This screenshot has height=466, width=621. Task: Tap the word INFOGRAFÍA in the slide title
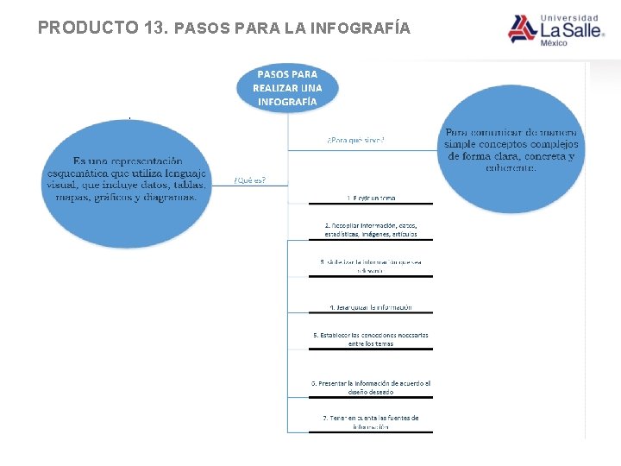click(x=363, y=28)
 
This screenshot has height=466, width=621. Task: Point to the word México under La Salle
click(x=554, y=43)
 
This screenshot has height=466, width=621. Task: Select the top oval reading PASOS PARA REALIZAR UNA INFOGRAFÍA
click(x=287, y=88)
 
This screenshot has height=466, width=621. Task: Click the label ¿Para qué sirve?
click(x=355, y=140)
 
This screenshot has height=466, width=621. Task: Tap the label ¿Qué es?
click(x=249, y=180)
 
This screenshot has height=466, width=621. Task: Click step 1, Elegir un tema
click(x=371, y=198)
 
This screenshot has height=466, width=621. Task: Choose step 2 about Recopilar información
click(x=371, y=230)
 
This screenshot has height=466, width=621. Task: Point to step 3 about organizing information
click(x=371, y=266)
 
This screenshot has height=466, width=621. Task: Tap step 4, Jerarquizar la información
click(x=371, y=307)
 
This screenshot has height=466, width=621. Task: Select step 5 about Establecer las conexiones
click(x=371, y=339)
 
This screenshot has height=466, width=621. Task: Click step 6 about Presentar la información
click(x=371, y=387)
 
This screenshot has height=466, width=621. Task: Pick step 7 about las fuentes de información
click(x=371, y=422)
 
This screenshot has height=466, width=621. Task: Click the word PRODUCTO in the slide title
click(x=87, y=28)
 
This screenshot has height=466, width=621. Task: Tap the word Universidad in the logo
click(x=568, y=17)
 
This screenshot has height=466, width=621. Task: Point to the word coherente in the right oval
click(x=512, y=167)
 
